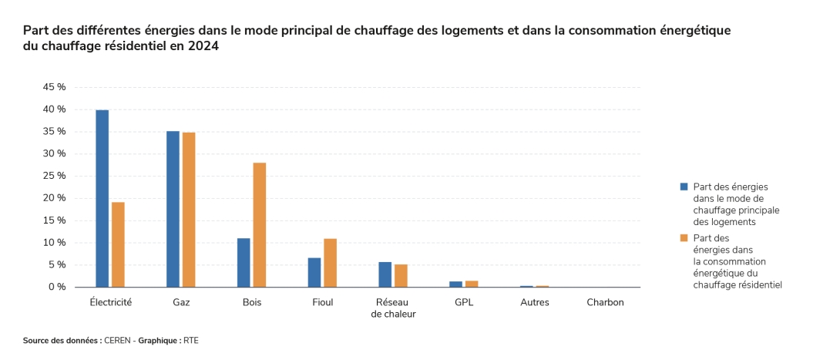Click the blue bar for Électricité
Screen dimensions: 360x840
point(102,198)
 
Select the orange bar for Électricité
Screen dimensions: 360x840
point(118,244)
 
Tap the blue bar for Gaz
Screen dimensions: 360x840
point(173,209)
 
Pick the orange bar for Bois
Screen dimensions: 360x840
point(259,224)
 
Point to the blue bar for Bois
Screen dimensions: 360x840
point(244,262)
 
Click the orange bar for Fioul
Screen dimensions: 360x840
point(330,263)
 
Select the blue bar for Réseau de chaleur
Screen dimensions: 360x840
point(385,274)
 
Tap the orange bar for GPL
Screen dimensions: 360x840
point(472,284)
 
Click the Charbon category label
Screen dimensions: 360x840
point(605,302)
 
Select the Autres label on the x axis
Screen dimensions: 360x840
point(535,302)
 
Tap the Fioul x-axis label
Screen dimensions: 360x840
point(322,302)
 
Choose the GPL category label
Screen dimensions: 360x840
point(464,302)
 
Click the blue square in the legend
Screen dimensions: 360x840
point(683,187)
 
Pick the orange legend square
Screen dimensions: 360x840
point(683,238)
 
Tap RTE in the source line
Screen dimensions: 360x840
point(191,340)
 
